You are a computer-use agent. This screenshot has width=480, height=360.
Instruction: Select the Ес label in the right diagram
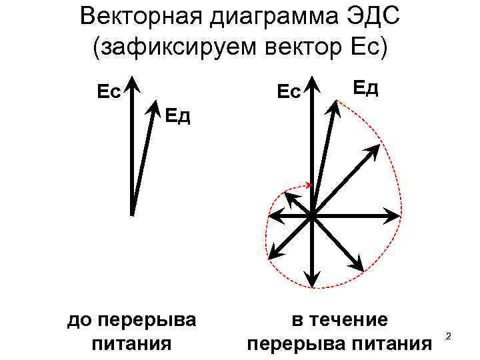tap(288, 91)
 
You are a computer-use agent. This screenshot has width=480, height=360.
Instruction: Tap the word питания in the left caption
tap(131, 343)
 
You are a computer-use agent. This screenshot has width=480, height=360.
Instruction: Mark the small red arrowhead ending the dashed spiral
tap(309, 185)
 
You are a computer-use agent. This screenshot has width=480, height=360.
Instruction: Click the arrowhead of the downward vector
tap(311, 280)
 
